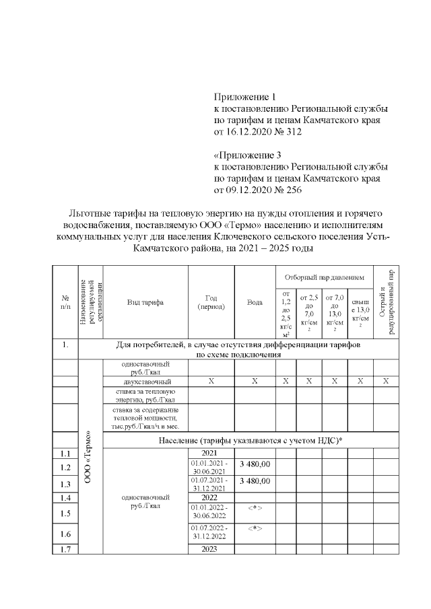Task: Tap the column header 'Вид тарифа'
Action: coord(145,302)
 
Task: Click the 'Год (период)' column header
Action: coord(211,302)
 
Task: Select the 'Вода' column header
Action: coord(255,302)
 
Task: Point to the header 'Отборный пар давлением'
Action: coord(324,276)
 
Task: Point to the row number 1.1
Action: coord(65,454)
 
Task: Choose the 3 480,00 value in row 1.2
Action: coord(255,465)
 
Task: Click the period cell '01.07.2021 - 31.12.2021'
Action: coord(211,484)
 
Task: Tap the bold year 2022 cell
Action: coord(211,497)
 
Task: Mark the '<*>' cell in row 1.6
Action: coord(255,528)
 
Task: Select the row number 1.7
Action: coord(65,548)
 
